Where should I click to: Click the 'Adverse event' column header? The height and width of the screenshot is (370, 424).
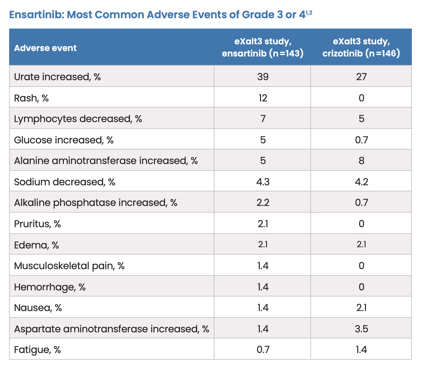click(45, 48)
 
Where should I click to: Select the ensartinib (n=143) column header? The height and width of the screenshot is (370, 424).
click(262, 47)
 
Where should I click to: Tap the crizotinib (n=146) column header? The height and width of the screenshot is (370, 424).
click(361, 47)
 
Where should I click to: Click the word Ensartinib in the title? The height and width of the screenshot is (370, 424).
click(36, 15)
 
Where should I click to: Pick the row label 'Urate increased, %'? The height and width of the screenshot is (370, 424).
click(57, 77)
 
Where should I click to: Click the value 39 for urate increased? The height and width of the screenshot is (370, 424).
click(263, 77)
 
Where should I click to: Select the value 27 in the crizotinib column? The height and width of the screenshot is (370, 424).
click(361, 77)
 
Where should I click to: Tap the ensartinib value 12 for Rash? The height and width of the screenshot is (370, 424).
click(263, 98)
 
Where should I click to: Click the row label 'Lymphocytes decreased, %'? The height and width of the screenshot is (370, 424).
click(78, 119)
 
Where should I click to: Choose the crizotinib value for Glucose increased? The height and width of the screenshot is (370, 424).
click(361, 140)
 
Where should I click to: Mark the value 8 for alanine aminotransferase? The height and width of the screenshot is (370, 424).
click(361, 161)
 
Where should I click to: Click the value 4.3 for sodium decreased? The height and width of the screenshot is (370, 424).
click(263, 182)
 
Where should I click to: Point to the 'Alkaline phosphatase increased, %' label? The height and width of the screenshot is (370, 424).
click(96, 203)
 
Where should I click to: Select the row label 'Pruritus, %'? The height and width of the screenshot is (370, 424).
click(37, 224)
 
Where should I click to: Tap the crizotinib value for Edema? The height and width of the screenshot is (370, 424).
click(361, 244)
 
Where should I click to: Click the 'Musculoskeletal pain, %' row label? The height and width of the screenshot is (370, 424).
click(69, 266)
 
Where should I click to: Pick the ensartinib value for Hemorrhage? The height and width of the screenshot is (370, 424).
click(263, 287)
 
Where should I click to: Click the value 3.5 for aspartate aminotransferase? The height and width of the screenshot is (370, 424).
click(361, 329)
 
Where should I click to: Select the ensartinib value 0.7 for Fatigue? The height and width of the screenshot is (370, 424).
click(263, 350)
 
